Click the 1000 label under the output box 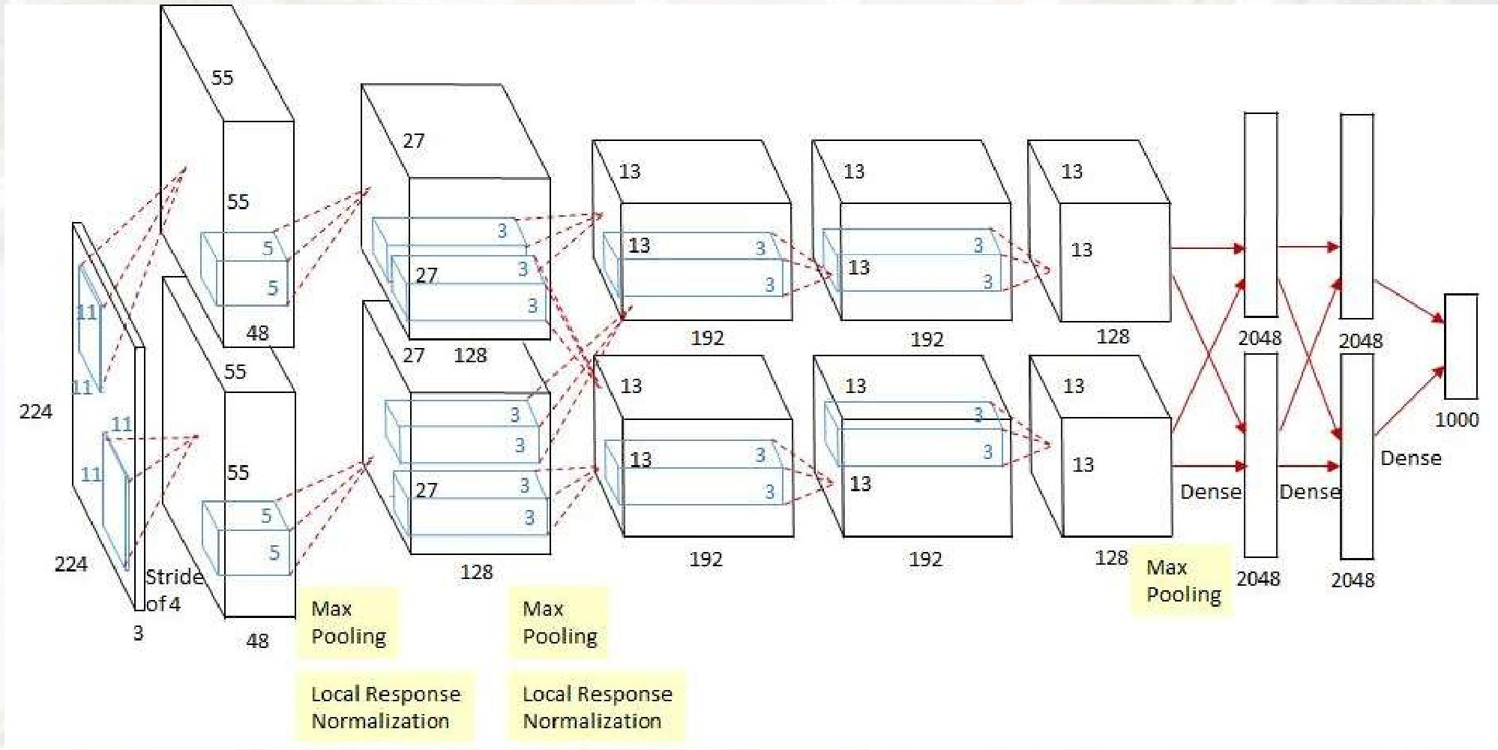(1456, 419)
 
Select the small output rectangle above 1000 (1461, 346)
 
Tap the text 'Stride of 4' (172, 590)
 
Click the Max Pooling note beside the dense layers (1182, 580)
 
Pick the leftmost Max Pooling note (348, 622)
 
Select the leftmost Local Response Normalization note (385, 706)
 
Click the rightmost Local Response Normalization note (597, 706)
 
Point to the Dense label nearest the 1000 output (1410, 458)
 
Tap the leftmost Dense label (1210, 492)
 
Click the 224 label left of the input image (35, 412)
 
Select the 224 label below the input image (70, 564)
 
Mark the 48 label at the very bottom (257, 640)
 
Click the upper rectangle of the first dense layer (1260, 214)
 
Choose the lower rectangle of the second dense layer (1356, 456)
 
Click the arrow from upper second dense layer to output (1408, 301)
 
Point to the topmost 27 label (413, 141)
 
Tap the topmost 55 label (222, 78)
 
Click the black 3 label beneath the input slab (138, 634)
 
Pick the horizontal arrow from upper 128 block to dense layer (1207, 247)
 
